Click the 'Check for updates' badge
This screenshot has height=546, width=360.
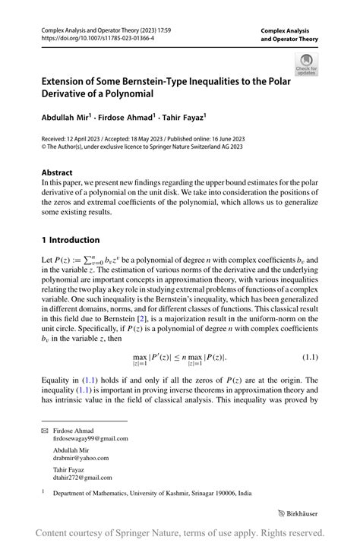pyautogui.click(x=308, y=64)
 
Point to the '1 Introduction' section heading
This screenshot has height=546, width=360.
pyautogui.click(x=75, y=239)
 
